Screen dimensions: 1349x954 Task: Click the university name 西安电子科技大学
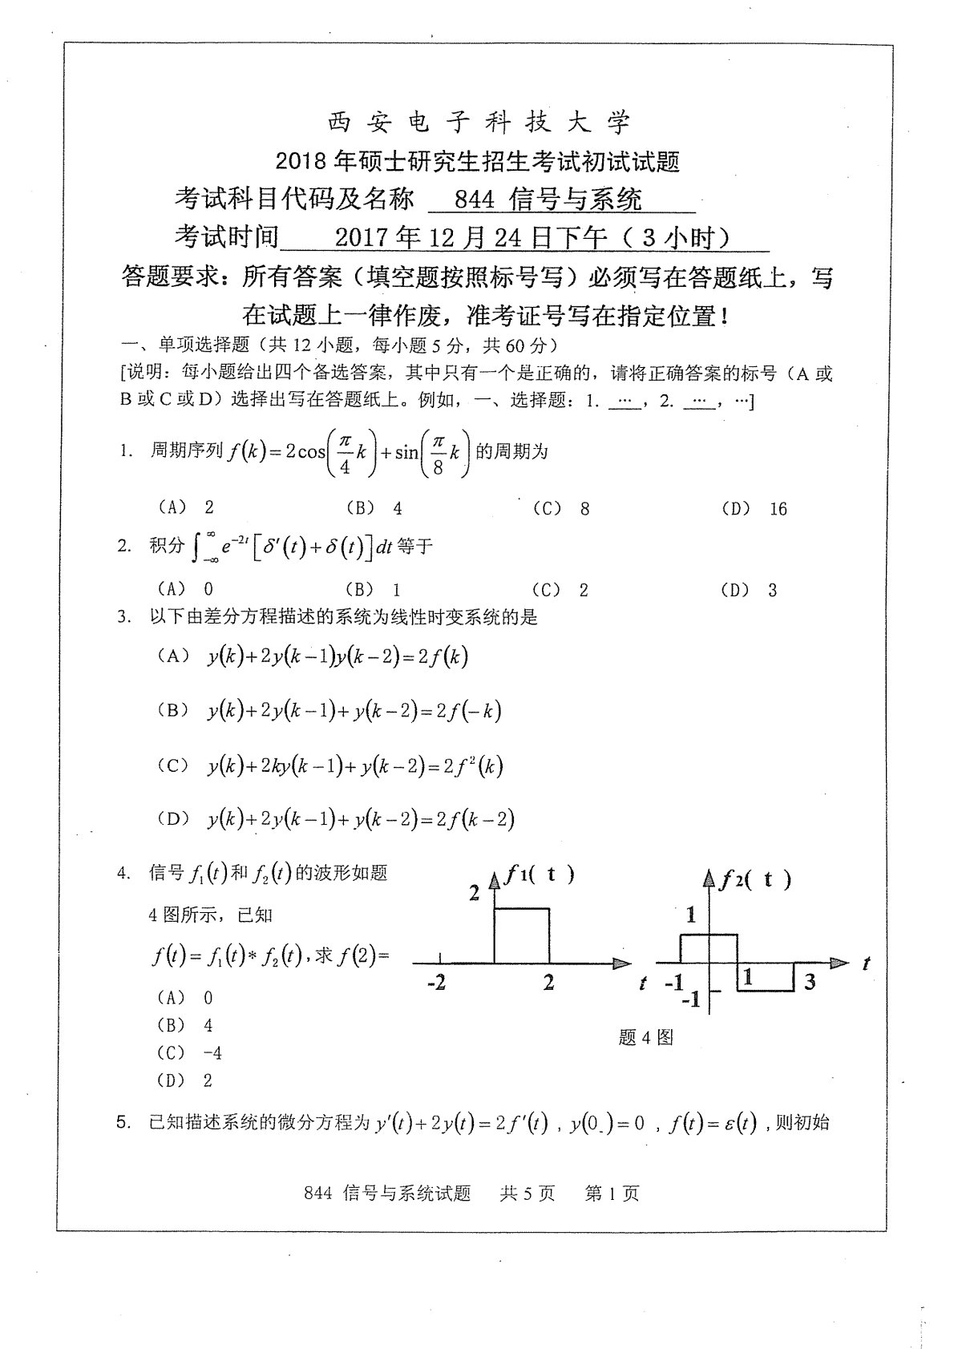coord(479,123)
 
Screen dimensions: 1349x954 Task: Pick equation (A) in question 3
coord(337,657)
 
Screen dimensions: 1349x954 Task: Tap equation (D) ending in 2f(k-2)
coord(360,819)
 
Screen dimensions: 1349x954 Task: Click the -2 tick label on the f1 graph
coord(436,983)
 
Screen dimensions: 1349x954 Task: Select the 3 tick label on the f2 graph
coord(810,981)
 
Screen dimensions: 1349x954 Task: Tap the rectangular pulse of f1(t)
coord(522,935)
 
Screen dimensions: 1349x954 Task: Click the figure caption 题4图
coord(646,1038)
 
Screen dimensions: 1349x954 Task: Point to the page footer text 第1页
coord(612,1194)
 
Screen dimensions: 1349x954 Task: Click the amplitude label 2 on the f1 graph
coord(475,893)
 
